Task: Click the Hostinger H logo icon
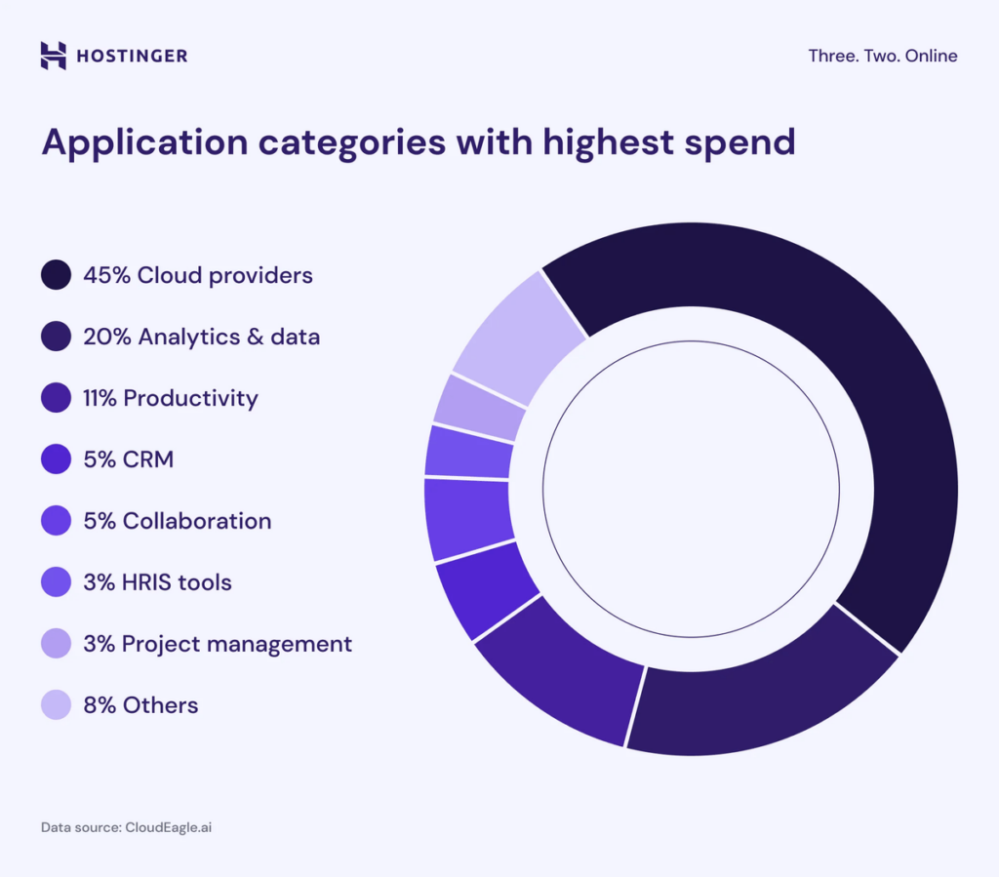pyautogui.click(x=54, y=56)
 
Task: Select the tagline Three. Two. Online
pyautogui.click(x=882, y=56)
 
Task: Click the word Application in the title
pyautogui.click(x=144, y=143)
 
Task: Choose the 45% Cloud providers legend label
pyautogui.click(x=197, y=275)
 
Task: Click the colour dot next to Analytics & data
pyautogui.click(x=56, y=337)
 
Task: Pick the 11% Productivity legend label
pyautogui.click(x=170, y=398)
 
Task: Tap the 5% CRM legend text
pyautogui.click(x=128, y=459)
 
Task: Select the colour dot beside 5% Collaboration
pyautogui.click(x=56, y=521)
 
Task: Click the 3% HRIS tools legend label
pyautogui.click(x=157, y=582)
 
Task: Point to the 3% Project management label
pyautogui.click(x=217, y=644)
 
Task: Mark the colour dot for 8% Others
pyautogui.click(x=56, y=705)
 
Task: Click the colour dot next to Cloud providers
pyautogui.click(x=56, y=275)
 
